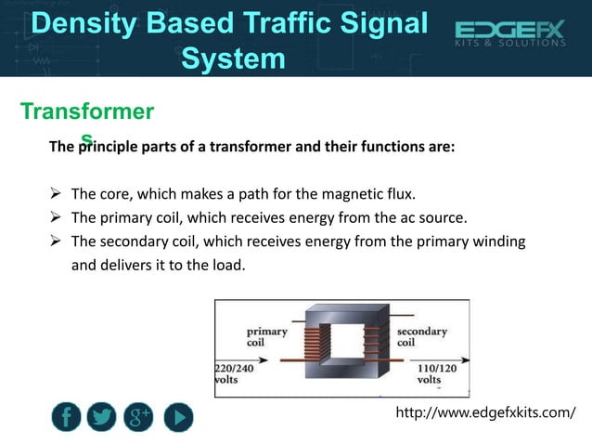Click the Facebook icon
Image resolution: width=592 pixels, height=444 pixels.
click(66, 419)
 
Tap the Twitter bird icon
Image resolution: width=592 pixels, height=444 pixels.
click(102, 419)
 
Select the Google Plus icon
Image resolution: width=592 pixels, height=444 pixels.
click(139, 419)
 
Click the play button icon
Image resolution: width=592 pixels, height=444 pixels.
click(178, 419)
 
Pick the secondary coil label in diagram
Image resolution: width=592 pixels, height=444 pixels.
click(422, 336)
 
